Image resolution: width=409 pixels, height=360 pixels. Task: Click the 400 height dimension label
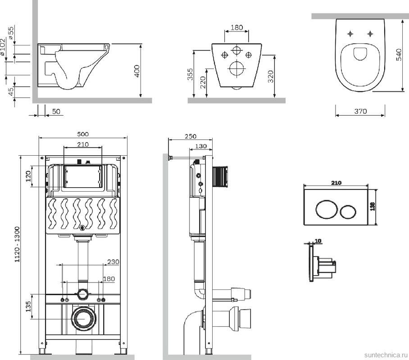[x=137, y=71]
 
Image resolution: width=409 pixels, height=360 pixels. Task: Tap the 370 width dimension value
[x=360, y=111]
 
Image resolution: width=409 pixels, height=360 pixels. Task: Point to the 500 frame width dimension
[x=83, y=134]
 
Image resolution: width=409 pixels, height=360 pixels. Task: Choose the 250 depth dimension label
[x=190, y=136]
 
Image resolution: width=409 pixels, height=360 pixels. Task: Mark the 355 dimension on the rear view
[x=190, y=74]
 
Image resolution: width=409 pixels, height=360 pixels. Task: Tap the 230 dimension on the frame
[x=113, y=261]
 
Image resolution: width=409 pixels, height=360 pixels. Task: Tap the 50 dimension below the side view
[x=56, y=111]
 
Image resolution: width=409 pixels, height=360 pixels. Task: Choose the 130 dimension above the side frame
[x=201, y=146]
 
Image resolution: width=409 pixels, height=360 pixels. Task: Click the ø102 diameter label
[x=3, y=50]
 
